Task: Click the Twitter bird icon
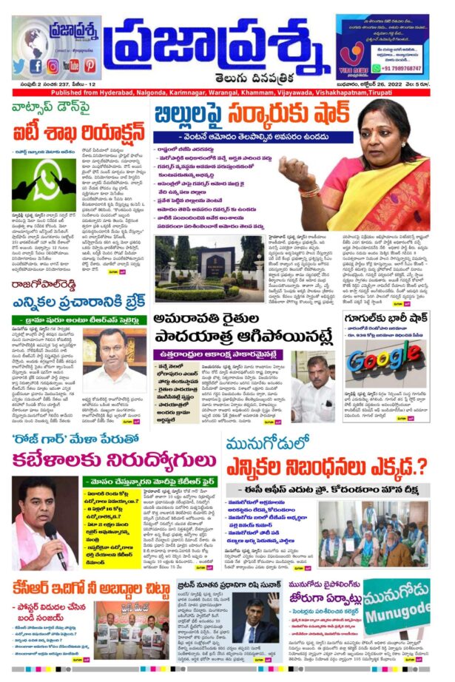[20, 66]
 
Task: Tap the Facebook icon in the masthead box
[36, 66]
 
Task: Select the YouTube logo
[71, 66]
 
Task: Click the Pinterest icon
[90, 66]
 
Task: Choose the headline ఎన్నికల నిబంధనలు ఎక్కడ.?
[326, 468]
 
